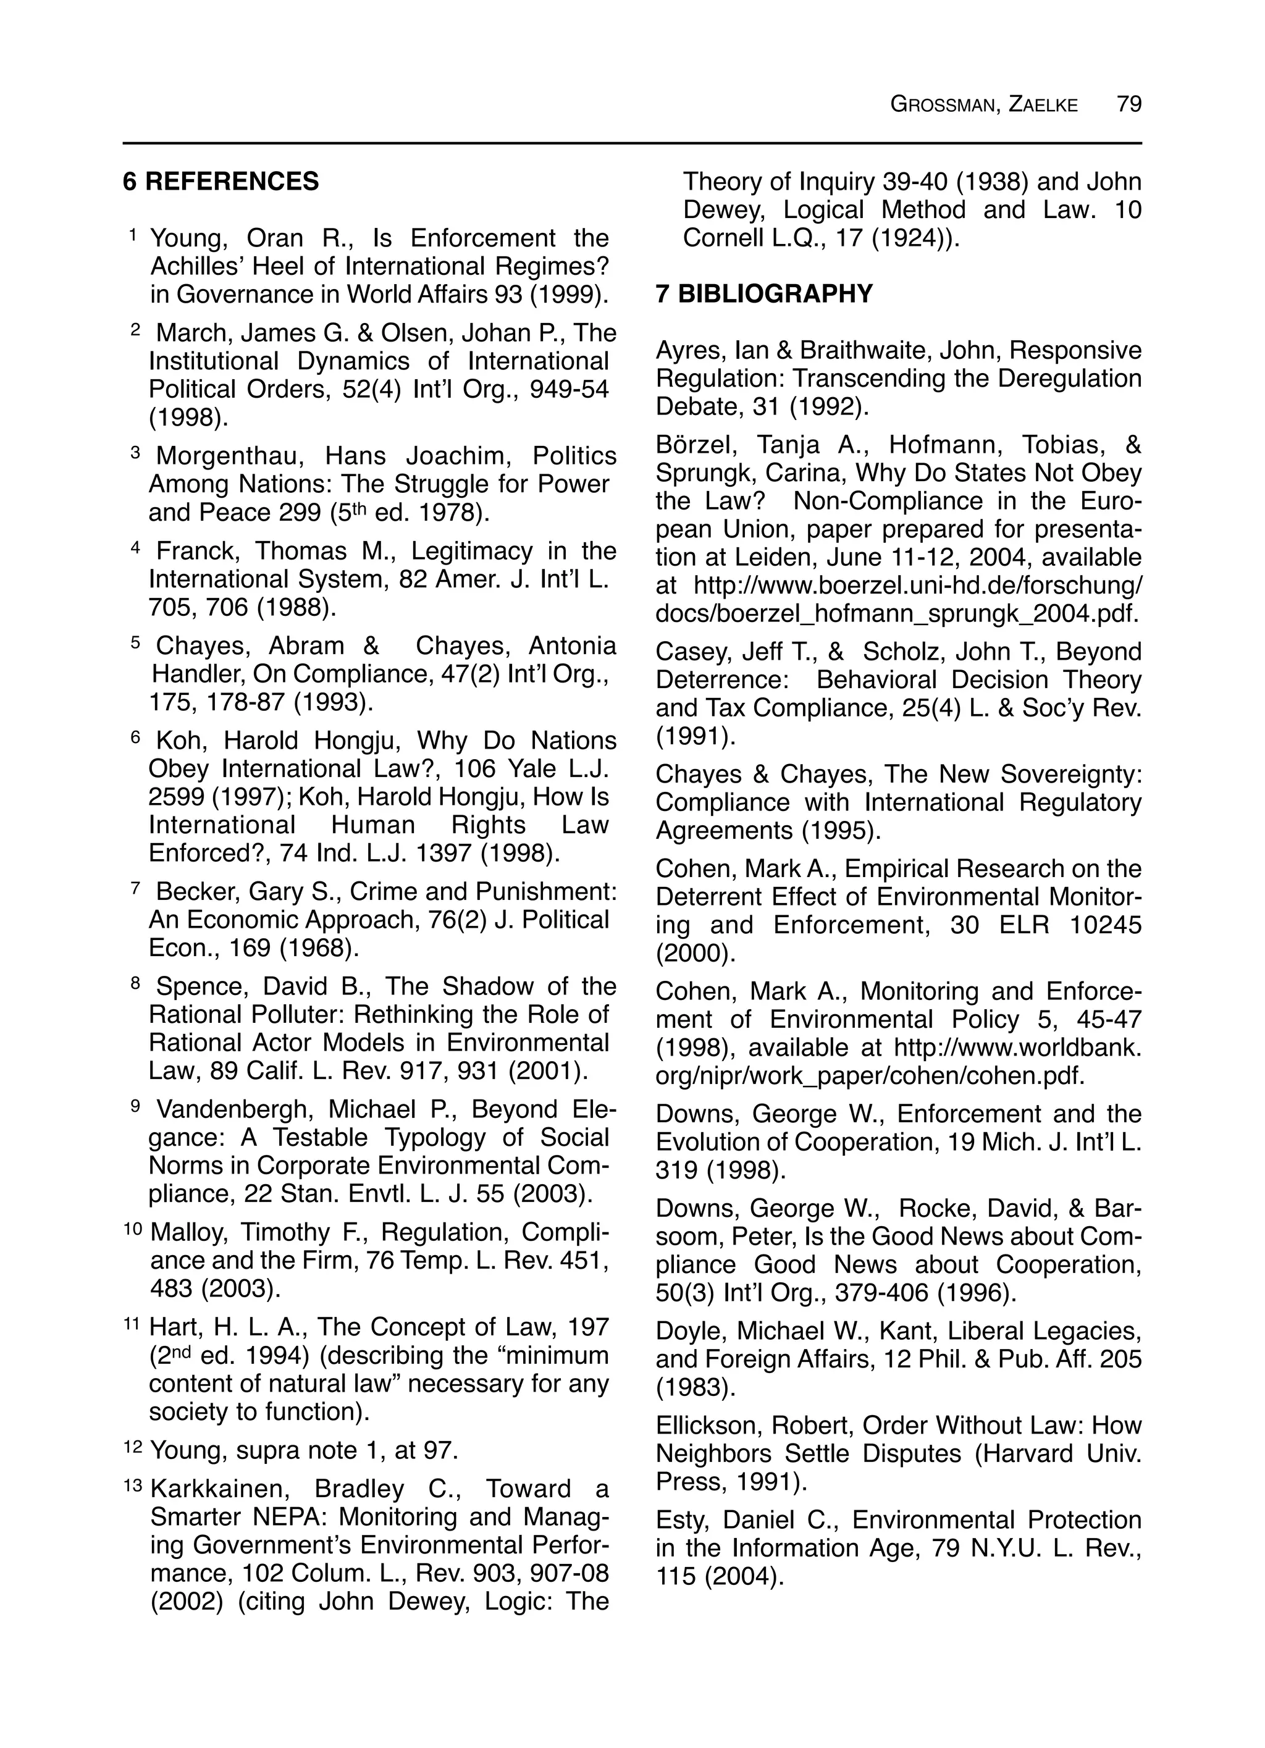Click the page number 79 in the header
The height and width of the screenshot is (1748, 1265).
(1128, 103)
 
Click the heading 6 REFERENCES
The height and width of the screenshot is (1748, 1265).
(221, 182)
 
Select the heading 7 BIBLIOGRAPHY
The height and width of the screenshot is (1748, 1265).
(764, 293)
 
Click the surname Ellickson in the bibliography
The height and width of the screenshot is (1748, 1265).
(706, 1425)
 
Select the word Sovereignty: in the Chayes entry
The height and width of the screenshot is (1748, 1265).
(1069, 774)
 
